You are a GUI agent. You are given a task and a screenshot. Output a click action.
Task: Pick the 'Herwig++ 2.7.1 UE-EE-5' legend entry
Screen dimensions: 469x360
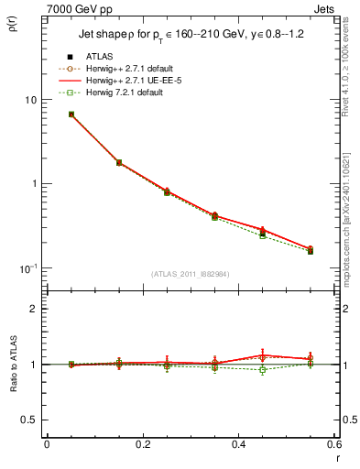(x=127, y=81)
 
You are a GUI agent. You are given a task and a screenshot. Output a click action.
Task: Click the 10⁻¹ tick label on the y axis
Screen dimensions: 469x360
(x=28, y=267)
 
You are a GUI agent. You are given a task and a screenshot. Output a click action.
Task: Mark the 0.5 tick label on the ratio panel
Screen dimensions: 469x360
(x=30, y=420)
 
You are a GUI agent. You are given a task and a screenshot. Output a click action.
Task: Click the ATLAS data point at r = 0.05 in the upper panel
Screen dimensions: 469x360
(x=71, y=115)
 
